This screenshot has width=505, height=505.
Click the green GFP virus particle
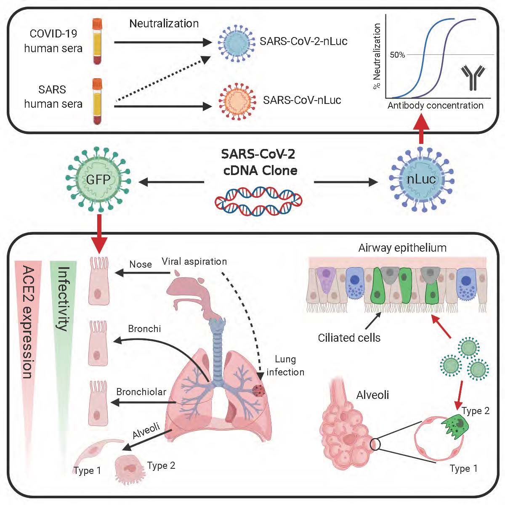[98, 180]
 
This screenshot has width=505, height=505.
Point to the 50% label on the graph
[397, 55]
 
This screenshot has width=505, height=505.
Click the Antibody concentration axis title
[435, 105]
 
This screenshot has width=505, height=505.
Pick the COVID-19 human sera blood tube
[97, 41]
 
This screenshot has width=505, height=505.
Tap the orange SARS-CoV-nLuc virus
[237, 101]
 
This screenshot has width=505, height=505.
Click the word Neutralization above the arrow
[164, 24]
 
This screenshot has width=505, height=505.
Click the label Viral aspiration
[194, 261]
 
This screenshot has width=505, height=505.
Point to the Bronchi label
[144, 329]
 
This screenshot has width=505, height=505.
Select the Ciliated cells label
[349, 338]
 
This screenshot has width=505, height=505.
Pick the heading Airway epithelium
[402, 248]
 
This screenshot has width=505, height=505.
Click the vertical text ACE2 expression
[27, 322]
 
